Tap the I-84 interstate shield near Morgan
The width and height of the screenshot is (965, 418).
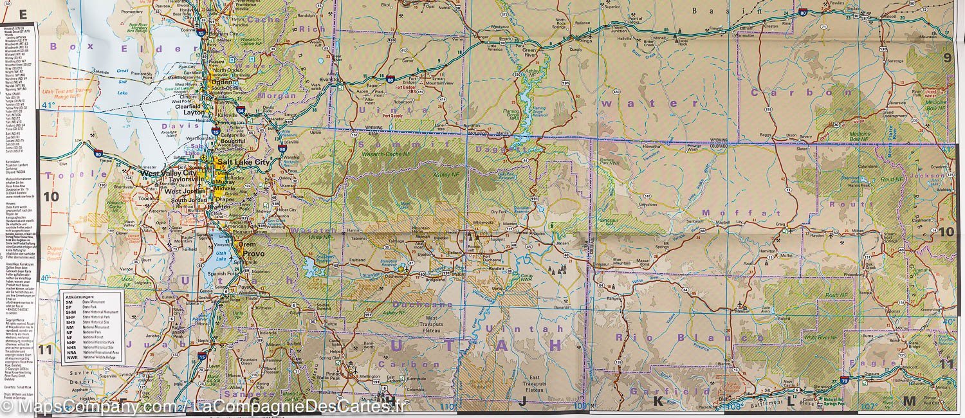[241, 110]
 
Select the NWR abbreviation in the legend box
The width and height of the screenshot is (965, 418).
[69, 359]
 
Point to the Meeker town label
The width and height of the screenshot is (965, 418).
[742, 311]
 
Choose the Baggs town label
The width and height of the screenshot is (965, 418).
[765, 134]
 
